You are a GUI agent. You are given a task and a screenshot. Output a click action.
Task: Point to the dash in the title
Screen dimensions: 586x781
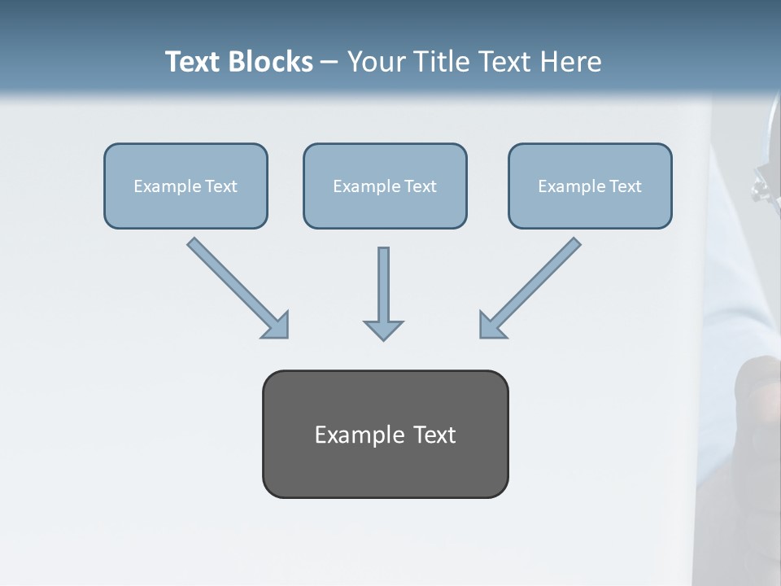pos(329,63)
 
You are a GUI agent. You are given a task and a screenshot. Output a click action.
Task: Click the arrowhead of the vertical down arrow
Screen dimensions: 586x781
pos(383,330)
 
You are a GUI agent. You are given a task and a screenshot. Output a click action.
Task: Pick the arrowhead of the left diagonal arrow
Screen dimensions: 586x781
pos(277,326)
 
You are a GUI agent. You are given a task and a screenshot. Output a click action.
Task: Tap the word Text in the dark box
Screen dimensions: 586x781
pos(434,435)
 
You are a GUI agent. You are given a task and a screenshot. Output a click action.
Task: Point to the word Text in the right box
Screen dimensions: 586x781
pos(626,186)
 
